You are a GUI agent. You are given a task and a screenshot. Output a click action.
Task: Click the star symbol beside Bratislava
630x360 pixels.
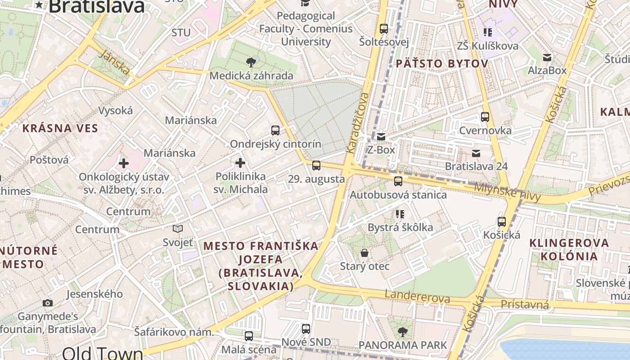click(x=40, y=5)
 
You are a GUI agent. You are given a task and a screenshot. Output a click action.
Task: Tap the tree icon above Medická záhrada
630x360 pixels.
click(x=251, y=62)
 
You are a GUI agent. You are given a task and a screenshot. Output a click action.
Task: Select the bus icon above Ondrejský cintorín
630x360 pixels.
click(x=275, y=130)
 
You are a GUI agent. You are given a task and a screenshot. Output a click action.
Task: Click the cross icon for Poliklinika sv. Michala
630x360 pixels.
click(x=240, y=162)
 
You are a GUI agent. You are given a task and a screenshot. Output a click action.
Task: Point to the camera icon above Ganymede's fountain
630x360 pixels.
click(x=48, y=303)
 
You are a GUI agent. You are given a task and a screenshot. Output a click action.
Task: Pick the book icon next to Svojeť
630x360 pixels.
click(x=178, y=229)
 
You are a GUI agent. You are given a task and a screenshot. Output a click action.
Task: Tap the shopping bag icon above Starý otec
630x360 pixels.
click(x=364, y=253)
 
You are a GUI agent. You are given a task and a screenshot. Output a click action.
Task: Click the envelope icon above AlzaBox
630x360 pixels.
click(x=547, y=57)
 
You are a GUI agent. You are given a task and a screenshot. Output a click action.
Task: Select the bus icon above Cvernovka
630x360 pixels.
click(x=485, y=117)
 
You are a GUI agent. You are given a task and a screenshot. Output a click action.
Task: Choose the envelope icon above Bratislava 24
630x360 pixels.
click(x=476, y=153)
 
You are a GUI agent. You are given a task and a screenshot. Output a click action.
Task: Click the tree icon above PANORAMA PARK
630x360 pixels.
click(x=402, y=332)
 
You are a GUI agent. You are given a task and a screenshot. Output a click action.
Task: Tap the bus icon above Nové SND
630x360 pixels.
click(x=306, y=329)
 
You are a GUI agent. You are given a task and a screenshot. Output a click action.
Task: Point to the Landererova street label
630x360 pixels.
click(x=417, y=297)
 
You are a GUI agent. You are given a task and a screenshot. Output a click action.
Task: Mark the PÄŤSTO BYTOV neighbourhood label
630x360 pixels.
click(x=442, y=64)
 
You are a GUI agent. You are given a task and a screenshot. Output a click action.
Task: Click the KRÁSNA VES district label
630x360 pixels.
click(x=60, y=128)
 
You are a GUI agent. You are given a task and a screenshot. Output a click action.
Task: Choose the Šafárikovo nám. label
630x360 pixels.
click(x=174, y=332)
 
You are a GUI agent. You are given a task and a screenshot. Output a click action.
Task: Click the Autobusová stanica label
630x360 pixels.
click(x=398, y=195)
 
